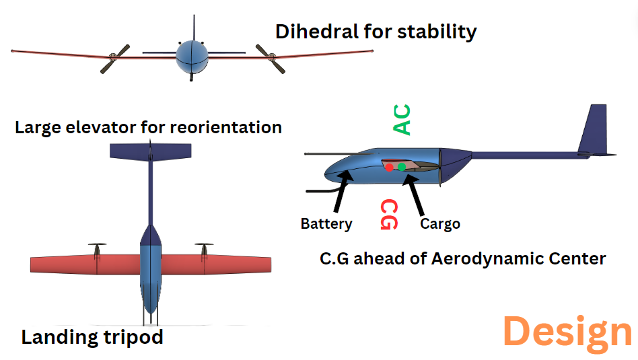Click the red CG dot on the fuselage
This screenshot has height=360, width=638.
tap(390, 167)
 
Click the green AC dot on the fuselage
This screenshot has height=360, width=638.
tap(402, 167)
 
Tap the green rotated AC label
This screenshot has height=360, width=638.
tap(402, 120)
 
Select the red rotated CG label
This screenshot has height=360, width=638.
tap(389, 215)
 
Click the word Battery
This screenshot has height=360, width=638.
tap(326, 224)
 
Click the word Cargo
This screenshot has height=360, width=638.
tap(440, 223)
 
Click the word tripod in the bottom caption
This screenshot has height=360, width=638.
tap(133, 338)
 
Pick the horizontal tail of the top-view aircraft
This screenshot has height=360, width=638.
tap(151, 151)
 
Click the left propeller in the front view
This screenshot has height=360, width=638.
tap(115, 59)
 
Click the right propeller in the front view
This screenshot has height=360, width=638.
tap(270, 59)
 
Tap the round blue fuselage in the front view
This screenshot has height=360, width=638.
tap(192, 57)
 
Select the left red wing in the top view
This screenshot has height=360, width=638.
tap(85, 264)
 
